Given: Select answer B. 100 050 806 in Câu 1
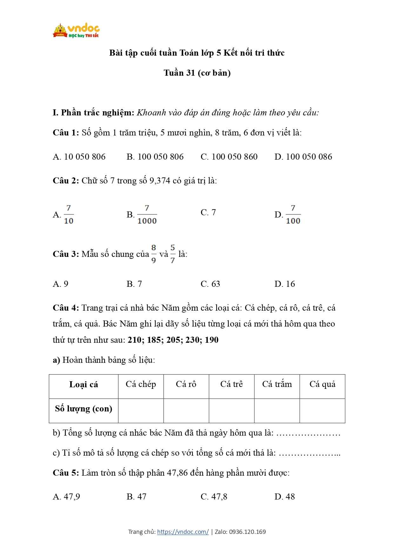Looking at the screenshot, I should [x=155, y=157].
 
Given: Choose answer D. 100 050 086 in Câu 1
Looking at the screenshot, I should [x=303, y=157].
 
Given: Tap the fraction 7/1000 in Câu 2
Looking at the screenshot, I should [x=147, y=215].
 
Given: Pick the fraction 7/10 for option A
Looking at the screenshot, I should [x=69, y=215].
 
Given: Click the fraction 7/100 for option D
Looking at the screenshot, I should [x=293, y=215].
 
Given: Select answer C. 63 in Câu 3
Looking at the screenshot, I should [x=210, y=284].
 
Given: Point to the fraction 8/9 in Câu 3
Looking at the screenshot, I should [x=154, y=254].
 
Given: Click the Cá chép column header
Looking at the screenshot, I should [x=141, y=384].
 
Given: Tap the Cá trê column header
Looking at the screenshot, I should [x=231, y=384].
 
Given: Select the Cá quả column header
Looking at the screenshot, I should [x=322, y=384].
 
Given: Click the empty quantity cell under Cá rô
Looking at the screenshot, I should [x=186, y=410].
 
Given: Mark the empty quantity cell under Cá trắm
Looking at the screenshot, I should [x=277, y=410].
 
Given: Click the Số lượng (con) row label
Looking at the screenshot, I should [x=83, y=409].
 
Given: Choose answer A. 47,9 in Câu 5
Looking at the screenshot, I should [x=66, y=497].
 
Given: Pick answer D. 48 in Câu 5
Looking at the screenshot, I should [x=284, y=497].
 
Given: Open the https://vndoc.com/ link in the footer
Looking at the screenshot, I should [x=183, y=532].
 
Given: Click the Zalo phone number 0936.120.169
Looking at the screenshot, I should [x=247, y=532].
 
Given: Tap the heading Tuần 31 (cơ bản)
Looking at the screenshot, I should [x=197, y=73].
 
